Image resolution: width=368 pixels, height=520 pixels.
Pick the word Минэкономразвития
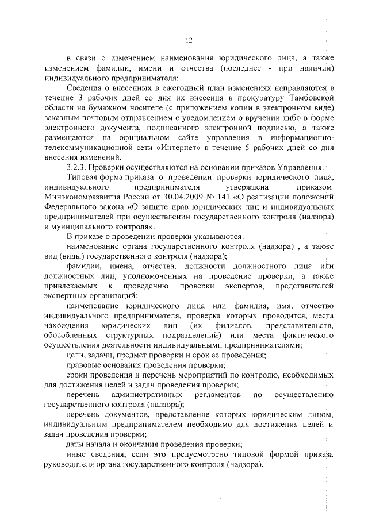80,197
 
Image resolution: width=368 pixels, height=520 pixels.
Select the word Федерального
69,207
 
